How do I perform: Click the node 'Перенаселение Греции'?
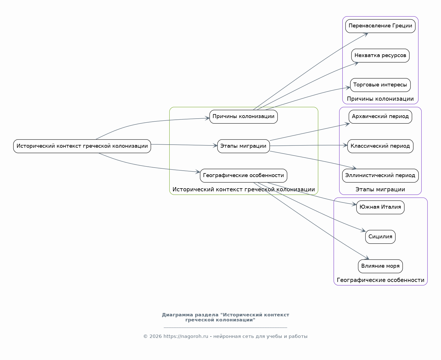380,26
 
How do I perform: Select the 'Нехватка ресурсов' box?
380,56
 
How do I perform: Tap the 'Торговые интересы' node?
380,85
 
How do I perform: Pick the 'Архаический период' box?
380,117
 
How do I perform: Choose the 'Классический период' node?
380,146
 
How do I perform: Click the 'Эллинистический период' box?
380,176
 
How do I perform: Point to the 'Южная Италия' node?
380,208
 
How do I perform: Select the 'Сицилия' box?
380,237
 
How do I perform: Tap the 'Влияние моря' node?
380,266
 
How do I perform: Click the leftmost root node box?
82,146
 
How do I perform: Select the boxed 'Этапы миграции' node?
243,146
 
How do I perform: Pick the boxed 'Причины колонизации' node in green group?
243,117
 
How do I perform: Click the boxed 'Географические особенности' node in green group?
243,176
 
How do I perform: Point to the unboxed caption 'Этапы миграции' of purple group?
380,189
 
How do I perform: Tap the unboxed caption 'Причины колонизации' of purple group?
380,99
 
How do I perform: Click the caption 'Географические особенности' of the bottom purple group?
380,280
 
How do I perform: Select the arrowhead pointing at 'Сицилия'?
364,231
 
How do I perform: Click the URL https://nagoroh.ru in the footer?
186,337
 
